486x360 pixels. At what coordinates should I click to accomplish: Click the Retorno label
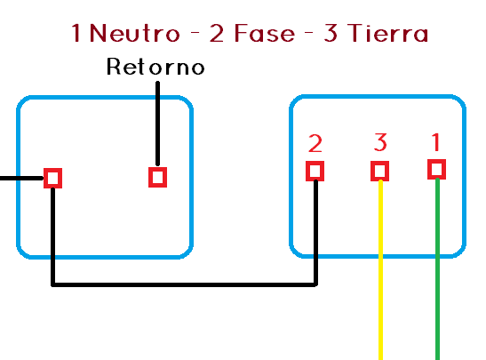[x=155, y=67]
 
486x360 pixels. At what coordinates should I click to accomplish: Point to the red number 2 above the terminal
[x=315, y=143]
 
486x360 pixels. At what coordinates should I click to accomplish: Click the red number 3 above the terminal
[x=380, y=142]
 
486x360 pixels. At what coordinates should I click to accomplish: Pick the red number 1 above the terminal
[x=435, y=141]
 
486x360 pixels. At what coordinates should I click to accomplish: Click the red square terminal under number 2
[x=315, y=171]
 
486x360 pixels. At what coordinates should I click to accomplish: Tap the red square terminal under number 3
[x=380, y=171]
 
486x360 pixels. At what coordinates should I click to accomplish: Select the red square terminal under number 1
[x=436, y=169]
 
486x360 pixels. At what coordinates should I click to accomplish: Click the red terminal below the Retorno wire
[x=157, y=177]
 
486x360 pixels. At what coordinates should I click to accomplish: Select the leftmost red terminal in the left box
[x=53, y=178]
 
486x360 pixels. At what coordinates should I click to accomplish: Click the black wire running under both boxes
[x=178, y=285]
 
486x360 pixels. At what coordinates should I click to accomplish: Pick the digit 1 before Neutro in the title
[x=77, y=34]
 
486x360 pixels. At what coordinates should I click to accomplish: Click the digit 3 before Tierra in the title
[x=331, y=34]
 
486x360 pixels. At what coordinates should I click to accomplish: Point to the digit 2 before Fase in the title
[x=217, y=34]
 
